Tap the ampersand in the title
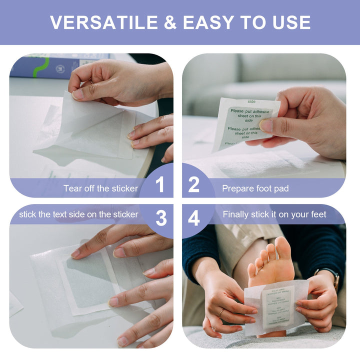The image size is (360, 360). click(168, 22)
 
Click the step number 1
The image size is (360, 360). click(159, 185)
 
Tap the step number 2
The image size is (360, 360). click(194, 185)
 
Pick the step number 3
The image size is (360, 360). click(161, 218)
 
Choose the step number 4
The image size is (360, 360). click(194, 218)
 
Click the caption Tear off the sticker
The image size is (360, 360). click(100, 188)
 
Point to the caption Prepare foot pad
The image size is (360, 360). click(255, 188)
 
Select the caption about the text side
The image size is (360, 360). click(78, 214)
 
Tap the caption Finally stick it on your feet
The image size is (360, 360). click(274, 214)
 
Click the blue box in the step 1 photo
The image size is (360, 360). click(55, 66)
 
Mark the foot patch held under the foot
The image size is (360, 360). click(277, 306)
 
